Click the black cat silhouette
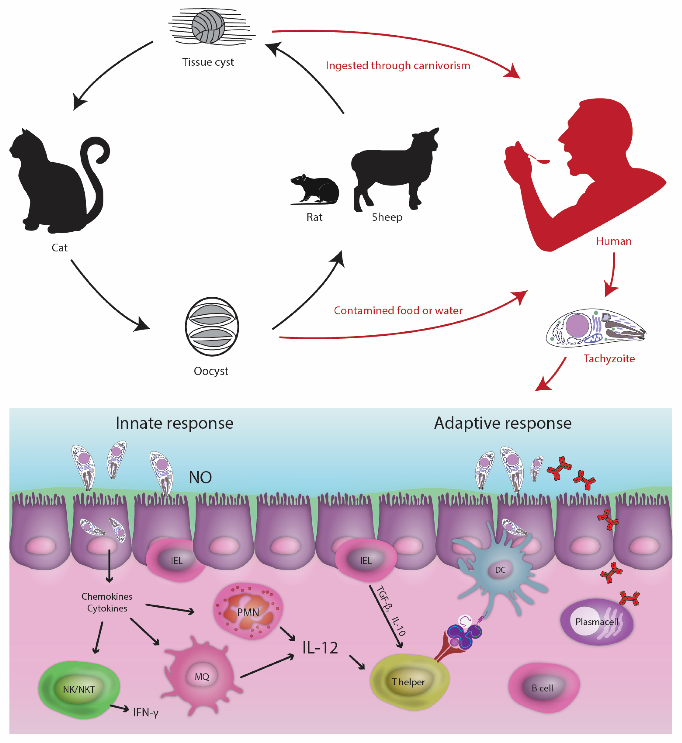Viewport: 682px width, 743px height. pyautogui.click(x=55, y=184)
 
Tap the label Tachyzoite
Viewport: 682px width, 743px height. pyautogui.click(x=609, y=359)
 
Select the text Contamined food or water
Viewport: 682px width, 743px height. pyautogui.click(x=398, y=311)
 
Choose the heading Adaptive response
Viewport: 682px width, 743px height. pyautogui.click(x=503, y=423)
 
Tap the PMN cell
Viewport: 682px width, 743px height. pyautogui.click(x=248, y=612)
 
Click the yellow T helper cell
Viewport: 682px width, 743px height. pyautogui.click(x=409, y=682)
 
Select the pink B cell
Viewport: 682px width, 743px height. pyautogui.click(x=543, y=688)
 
